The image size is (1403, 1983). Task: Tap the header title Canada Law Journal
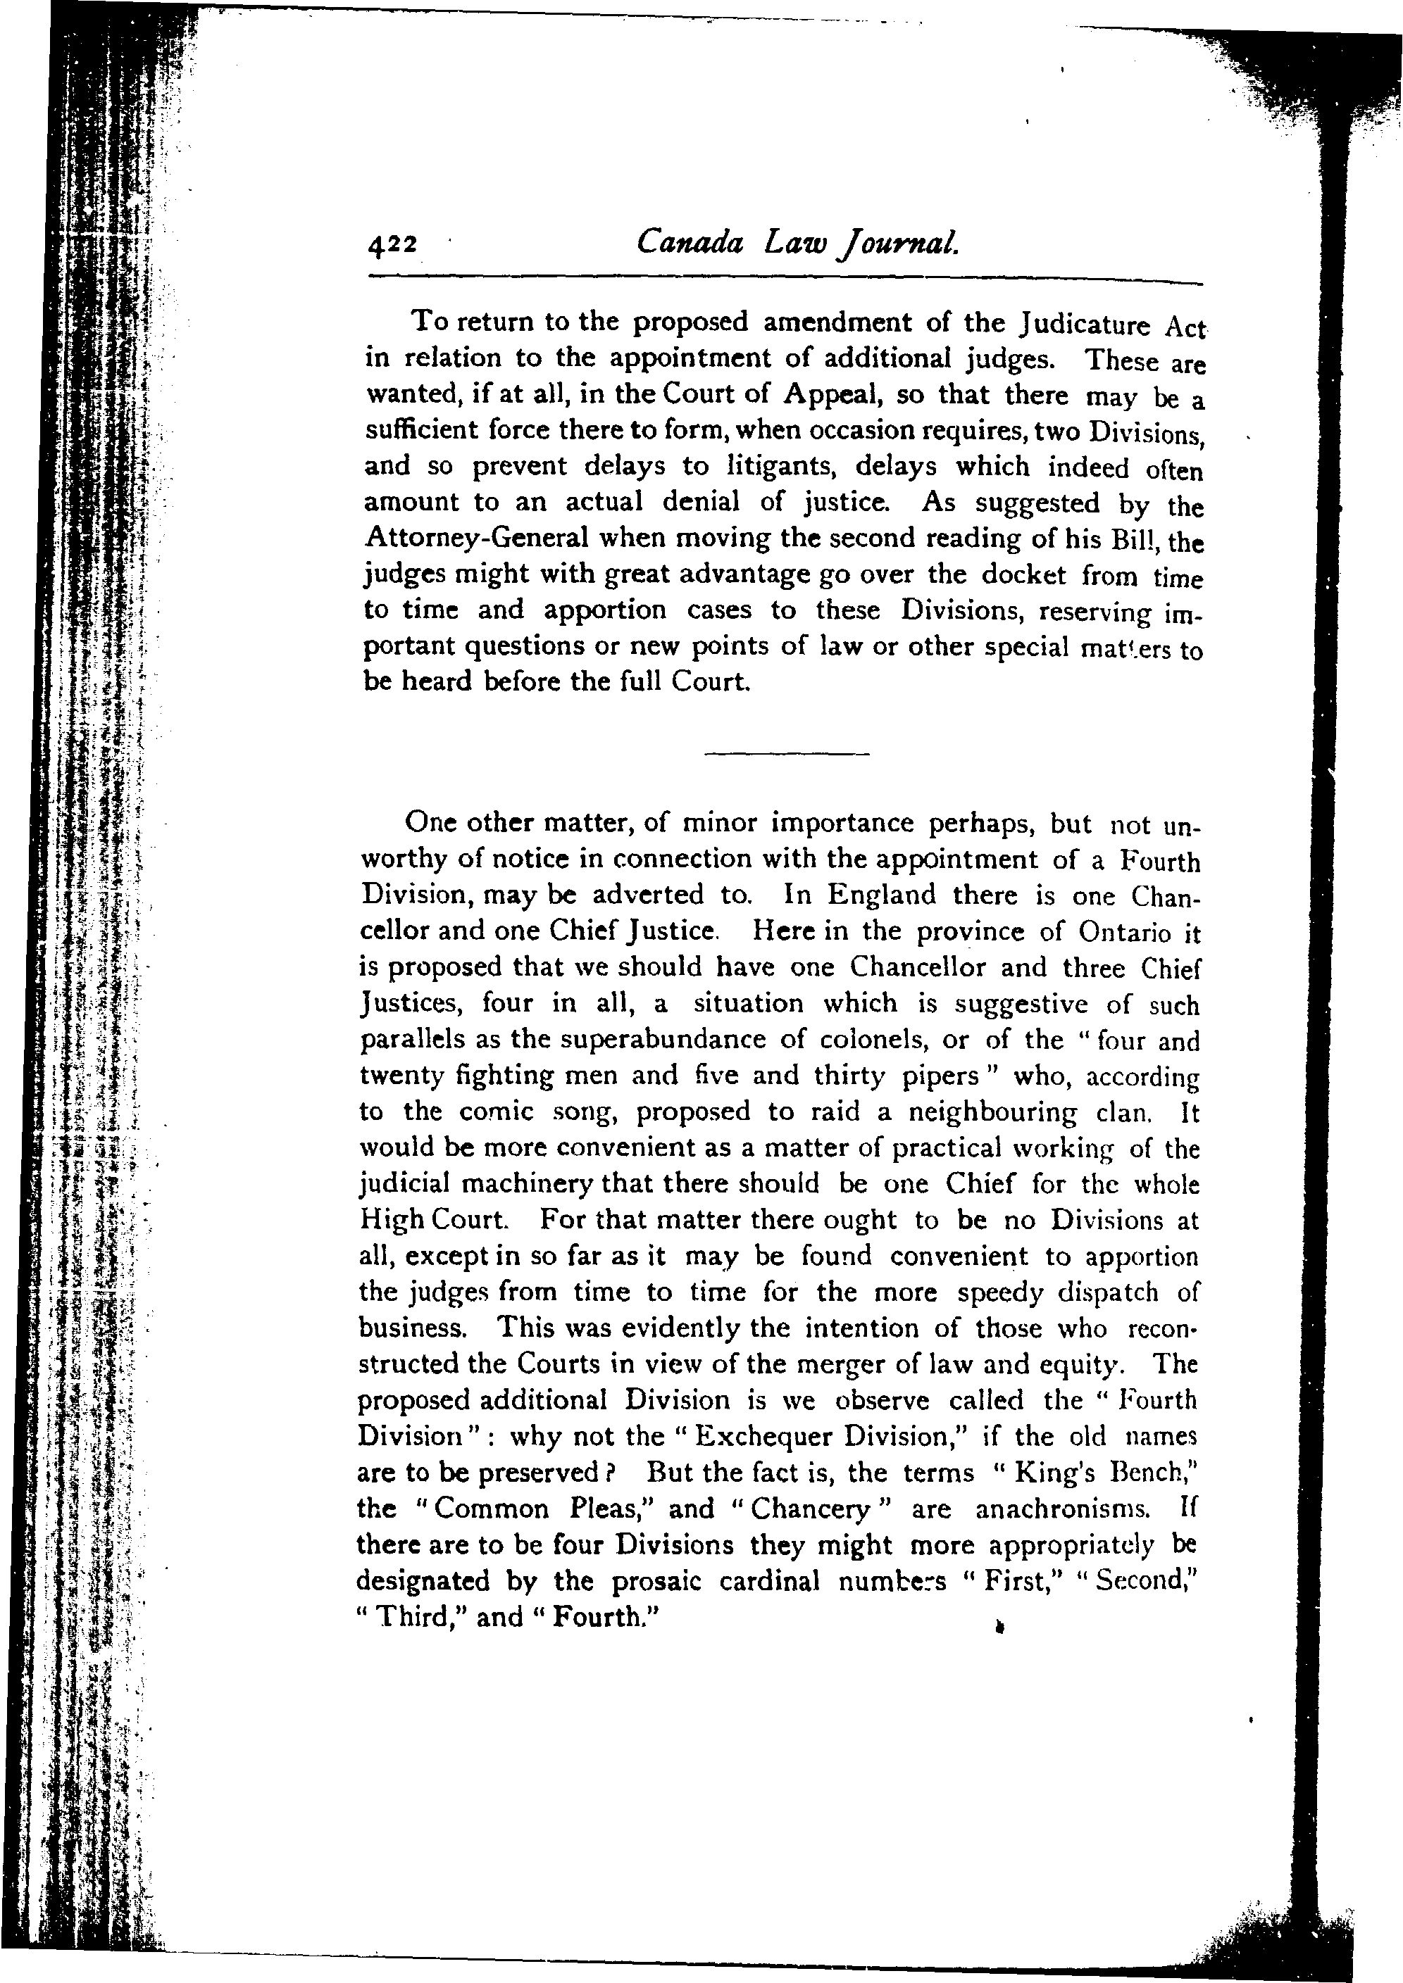(x=797, y=243)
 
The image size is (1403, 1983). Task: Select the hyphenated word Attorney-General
(x=477, y=538)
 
